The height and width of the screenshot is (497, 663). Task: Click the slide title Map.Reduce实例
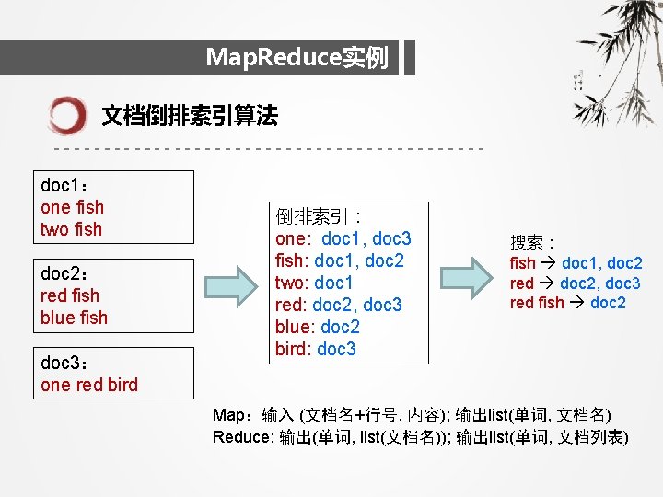click(297, 58)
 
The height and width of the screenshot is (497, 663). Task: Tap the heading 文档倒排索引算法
click(189, 116)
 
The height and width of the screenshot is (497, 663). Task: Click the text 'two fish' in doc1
click(71, 229)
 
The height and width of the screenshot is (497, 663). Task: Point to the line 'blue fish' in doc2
click(74, 318)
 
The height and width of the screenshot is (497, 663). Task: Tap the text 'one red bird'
click(89, 385)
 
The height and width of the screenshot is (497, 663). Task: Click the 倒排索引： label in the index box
click(310, 217)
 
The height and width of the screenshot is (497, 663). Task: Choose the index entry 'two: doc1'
click(314, 283)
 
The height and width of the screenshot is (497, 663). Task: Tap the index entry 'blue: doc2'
click(318, 327)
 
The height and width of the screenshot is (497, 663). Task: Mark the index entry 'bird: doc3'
click(316, 349)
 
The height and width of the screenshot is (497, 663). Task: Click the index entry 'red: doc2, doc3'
click(339, 305)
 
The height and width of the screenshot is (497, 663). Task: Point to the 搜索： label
click(532, 243)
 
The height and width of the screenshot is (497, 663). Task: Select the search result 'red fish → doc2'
click(567, 303)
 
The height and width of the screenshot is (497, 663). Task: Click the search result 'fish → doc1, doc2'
click(576, 263)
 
